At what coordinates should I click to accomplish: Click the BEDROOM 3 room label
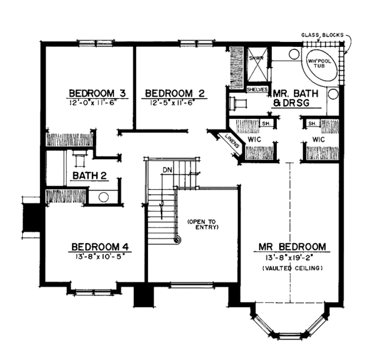click(97, 93)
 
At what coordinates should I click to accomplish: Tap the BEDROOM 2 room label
click(175, 94)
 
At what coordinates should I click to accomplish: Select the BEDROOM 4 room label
click(101, 247)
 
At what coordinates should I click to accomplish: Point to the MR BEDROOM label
click(292, 247)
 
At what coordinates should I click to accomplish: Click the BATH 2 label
click(89, 176)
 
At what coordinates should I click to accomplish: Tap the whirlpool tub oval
click(319, 63)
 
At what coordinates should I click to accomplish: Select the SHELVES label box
click(257, 89)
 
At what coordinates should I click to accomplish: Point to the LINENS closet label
click(232, 141)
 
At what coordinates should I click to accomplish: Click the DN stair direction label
click(168, 170)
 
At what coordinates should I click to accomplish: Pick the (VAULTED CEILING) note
click(292, 268)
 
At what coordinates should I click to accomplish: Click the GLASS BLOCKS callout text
click(323, 35)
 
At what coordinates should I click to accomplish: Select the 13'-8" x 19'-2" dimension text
click(289, 258)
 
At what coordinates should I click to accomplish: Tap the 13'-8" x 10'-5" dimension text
click(100, 256)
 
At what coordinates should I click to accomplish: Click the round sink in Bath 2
click(104, 197)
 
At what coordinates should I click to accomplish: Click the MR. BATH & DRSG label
click(295, 98)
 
